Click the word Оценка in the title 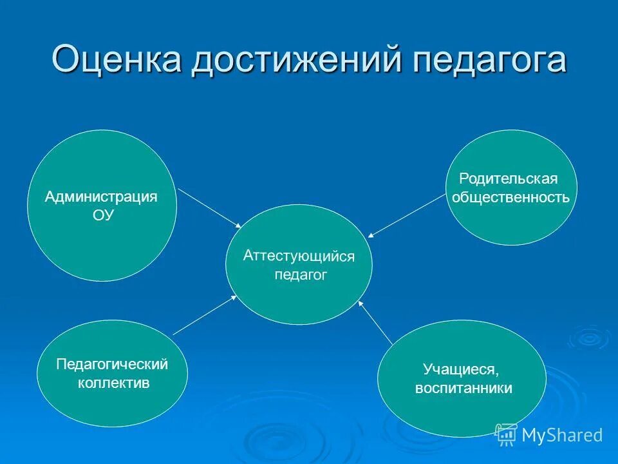click(115, 59)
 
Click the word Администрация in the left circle click(101, 197)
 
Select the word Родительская click(508, 178)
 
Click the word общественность click(510, 197)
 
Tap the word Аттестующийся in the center click(299, 256)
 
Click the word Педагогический click(112, 364)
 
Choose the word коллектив click(113, 383)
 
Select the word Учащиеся click(461, 369)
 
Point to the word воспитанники click(464, 389)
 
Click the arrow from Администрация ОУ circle click(209, 208)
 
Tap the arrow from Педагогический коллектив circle click(205, 314)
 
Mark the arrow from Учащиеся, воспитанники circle click(375, 322)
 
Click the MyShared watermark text click(562, 435)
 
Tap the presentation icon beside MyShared click(506, 434)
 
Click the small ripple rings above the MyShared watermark click(588, 336)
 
